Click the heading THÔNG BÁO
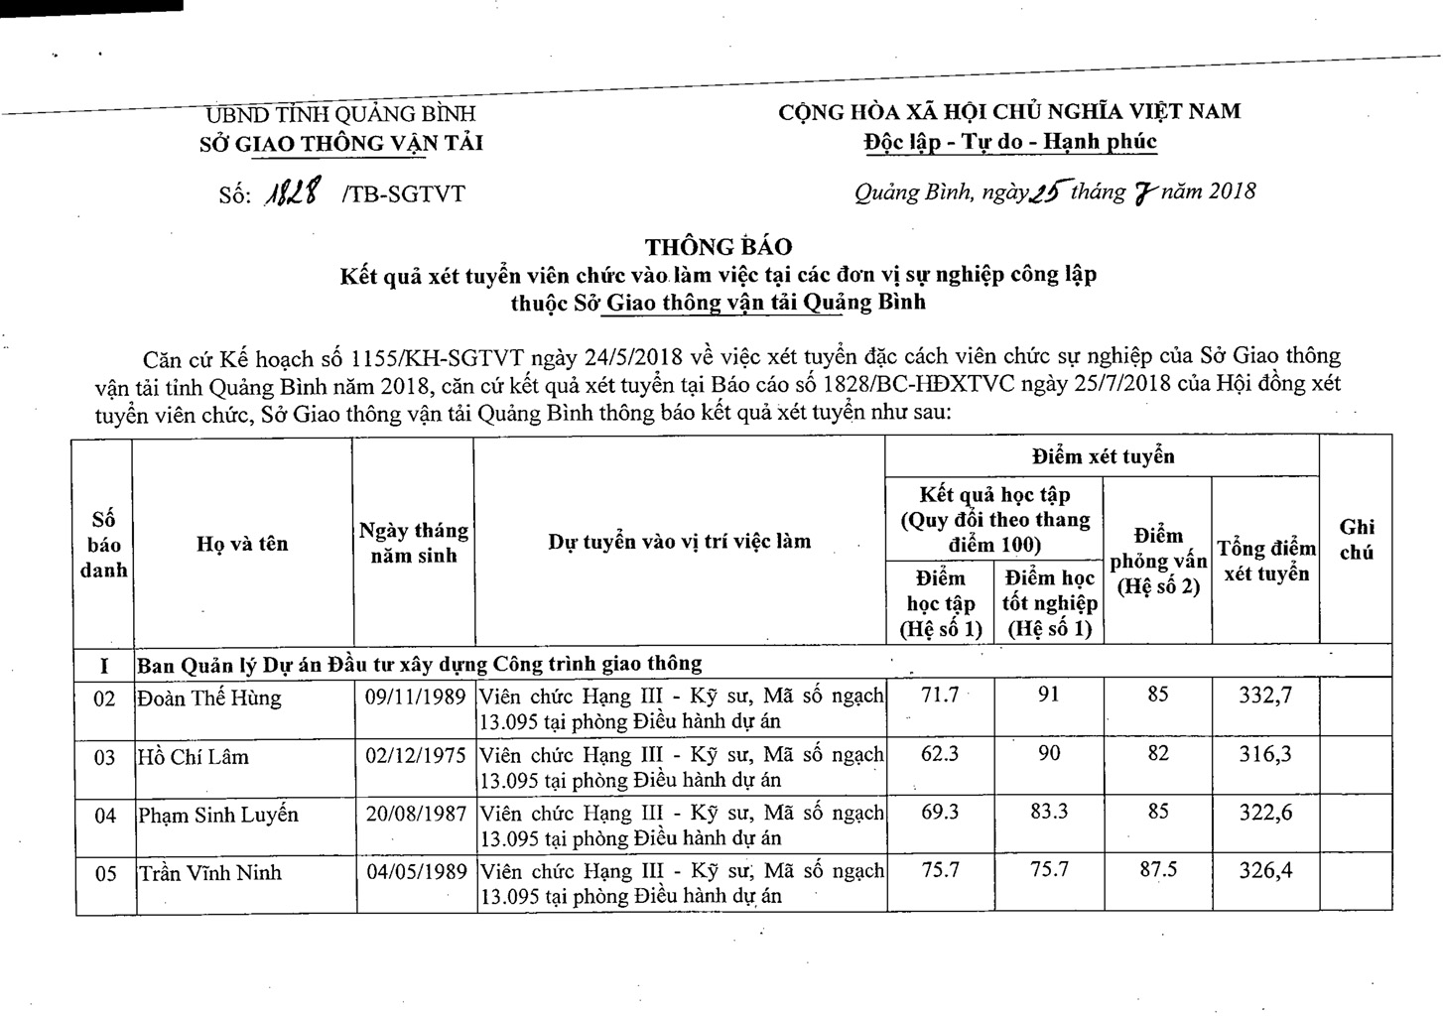(719, 246)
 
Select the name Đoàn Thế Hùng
(209, 698)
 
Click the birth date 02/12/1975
(415, 756)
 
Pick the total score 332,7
(1265, 696)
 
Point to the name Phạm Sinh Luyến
(218, 815)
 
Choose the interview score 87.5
(1157, 870)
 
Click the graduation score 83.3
(1049, 812)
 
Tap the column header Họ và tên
(242, 544)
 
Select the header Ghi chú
(1356, 540)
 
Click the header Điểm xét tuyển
(1102, 456)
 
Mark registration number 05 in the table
(105, 874)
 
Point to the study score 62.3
(939, 754)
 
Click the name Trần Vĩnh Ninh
(209, 873)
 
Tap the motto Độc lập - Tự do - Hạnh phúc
(1010, 142)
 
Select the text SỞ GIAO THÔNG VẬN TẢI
(340, 143)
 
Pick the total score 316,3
(1265, 754)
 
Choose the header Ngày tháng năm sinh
(413, 544)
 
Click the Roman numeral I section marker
(104, 664)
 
